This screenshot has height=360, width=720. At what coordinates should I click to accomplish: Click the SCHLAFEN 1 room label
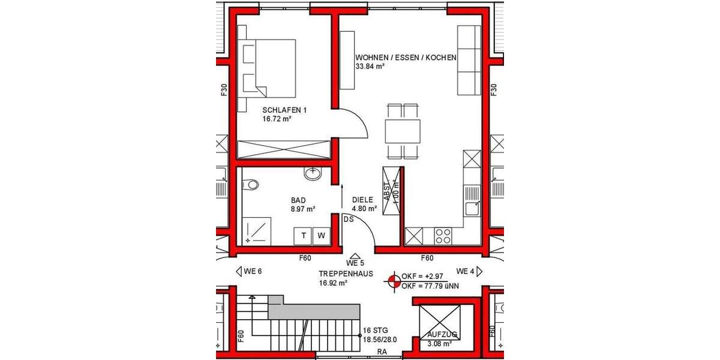click(x=284, y=110)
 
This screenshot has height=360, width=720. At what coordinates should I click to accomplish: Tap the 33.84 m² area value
click(x=370, y=67)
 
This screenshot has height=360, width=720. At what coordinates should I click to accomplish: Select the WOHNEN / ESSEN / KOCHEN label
click(x=406, y=58)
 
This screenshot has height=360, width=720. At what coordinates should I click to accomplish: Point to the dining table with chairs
click(x=403, y=130)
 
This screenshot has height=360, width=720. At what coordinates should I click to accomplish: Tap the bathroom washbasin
click(x=313, y=174)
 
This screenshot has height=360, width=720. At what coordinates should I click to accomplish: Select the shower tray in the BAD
click(x=256, y=232)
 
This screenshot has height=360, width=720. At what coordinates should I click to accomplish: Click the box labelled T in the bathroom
click(x=304, y=236)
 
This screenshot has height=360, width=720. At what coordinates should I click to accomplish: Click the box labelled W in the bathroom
click(x=321, y=236)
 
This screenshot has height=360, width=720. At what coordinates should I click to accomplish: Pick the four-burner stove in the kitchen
click(x=443, y=236)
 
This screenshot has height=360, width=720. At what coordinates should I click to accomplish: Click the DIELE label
click(x=363, y=200)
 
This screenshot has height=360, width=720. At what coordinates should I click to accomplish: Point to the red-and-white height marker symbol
click(x=394, y=281)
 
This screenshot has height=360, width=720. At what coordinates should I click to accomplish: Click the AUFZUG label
click(x=442, y=334)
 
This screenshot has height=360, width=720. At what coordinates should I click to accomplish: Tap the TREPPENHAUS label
click(x=346, y=273)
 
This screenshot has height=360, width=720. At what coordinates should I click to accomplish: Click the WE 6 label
click(x=253, y=271)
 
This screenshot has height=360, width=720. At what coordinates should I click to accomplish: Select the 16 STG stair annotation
click(x=376, y=330)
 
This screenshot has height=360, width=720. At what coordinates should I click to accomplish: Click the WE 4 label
click(x=466, y=271)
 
